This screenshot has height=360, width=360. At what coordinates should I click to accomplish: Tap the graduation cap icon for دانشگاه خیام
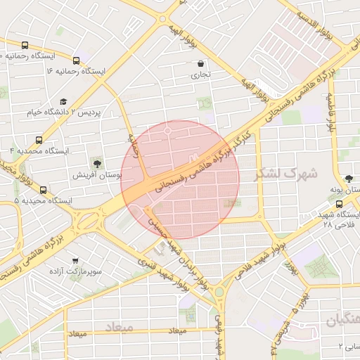coord(63,100)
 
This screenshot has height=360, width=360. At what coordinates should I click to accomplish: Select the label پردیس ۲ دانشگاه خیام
coord(65,112)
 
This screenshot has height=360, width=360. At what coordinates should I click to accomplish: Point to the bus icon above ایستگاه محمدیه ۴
coord(39,139)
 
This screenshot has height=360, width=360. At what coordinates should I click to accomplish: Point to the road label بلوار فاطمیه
coord(330,111)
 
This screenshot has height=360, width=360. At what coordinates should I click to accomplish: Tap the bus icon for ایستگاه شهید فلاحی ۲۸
coord(340,204)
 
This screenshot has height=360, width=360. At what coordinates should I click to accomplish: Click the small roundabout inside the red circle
coord(168,131)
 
